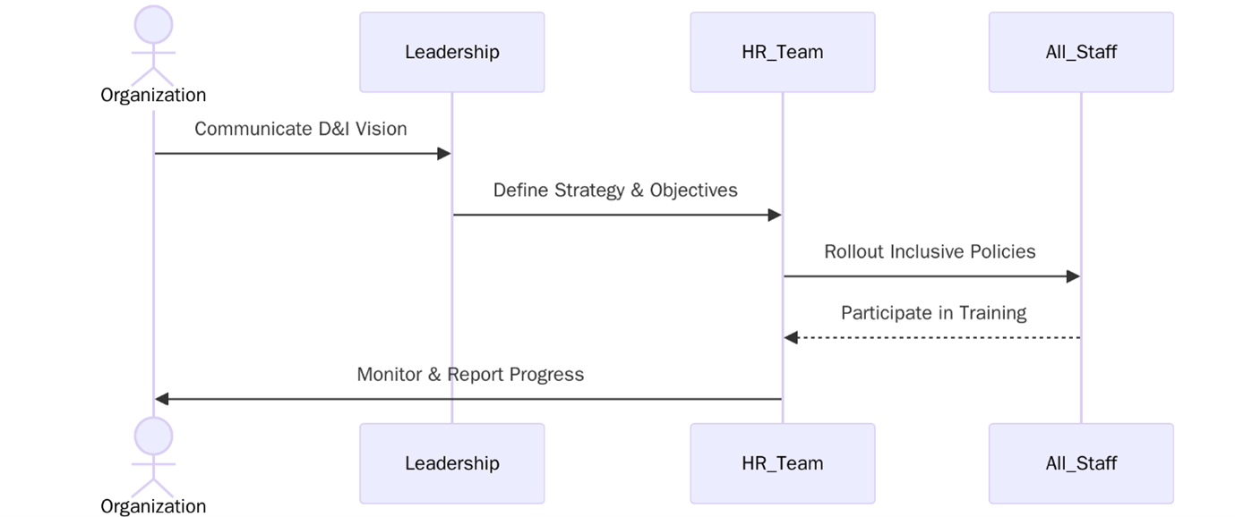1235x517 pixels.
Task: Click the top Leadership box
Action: pos(451,52)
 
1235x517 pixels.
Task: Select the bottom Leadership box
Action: pos(451,463)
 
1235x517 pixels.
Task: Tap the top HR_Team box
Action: pos(782,52)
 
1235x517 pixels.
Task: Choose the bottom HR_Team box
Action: pos(782,463)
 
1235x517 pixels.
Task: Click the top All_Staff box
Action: pos(1081,52)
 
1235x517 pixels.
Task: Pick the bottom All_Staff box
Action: pos(1081,463)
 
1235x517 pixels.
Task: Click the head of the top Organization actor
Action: pos(153,23)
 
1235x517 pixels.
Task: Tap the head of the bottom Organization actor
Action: pos(153,436)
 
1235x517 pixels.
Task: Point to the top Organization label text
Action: pos(153,95)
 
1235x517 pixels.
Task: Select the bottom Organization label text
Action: pos(153,506)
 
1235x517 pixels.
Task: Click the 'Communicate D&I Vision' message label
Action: pos(301,129)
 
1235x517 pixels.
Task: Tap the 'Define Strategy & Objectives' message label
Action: pos(615,190)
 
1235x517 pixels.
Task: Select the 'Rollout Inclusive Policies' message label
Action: pos(930,251)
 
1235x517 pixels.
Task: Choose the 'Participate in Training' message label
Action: pos(933,312)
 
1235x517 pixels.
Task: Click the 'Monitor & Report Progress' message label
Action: pos(470,374)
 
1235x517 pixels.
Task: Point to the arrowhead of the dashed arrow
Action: pos(791,337)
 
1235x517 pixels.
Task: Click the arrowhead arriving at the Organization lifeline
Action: pos(162,399)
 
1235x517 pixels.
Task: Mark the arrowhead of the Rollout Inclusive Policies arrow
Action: pos(1072,276)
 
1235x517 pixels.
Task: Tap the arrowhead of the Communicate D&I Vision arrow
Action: pos(442,154)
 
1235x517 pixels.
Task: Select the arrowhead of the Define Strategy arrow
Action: pos(774,215)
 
